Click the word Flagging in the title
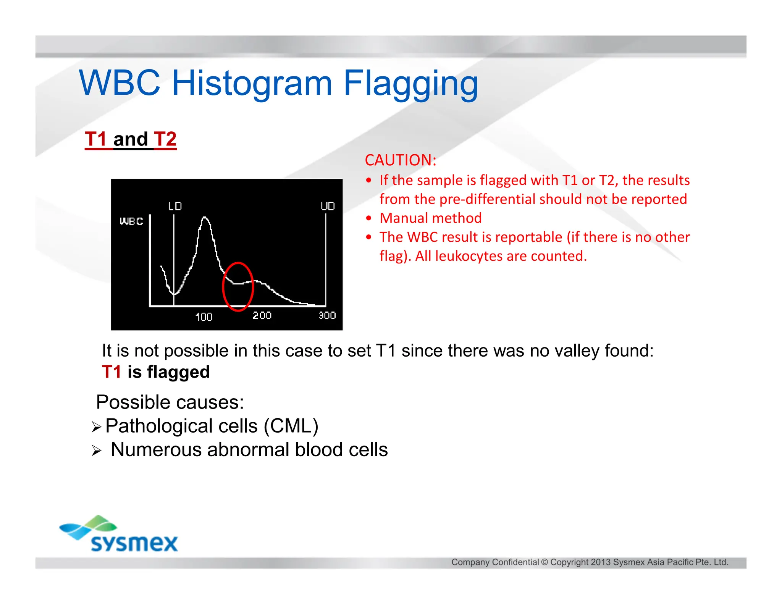click(x=410, y=84)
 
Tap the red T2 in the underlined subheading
click(x=165, y=139)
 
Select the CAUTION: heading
click(x=401, y=160)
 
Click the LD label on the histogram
click(x=175, y=207)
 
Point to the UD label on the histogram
click(x=328, y=207)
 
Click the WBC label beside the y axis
click(x=131, y=221)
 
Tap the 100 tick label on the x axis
click(x=204, y=317)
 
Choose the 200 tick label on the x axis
click(x=262, y=316)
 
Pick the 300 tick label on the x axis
click(x=327, y=316)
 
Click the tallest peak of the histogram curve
click(x=205, y=218)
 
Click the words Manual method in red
click(x=431, y=218)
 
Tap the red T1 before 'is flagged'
click(x=111, y=372)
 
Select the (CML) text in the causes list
click(x=291, y=426)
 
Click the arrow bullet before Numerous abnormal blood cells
click(x=96, y=451)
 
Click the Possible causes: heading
click(x=170, y=402)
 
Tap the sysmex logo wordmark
click(x=134, y=543)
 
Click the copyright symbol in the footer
click(x=544, y=562)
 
